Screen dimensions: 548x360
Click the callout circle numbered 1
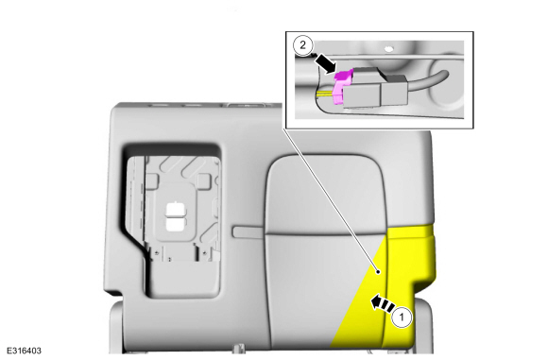(402, 317)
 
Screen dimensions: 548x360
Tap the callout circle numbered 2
(302, 45)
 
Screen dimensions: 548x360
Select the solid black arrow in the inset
(325, 64)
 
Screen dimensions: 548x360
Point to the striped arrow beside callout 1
(383, 302)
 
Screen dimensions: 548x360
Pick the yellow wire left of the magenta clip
(325, 94)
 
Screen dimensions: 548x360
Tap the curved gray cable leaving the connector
(428, 79)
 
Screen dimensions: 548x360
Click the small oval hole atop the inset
(388, 48)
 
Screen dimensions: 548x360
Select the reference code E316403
(25, 351)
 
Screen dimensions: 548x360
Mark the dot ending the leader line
(378, 271)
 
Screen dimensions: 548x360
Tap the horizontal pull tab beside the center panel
(248, 231)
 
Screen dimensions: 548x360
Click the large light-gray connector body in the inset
(362, 96)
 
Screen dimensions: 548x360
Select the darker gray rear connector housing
(395, 90)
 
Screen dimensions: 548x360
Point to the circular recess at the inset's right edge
(447, 83)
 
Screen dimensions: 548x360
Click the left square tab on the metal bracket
(152, 180)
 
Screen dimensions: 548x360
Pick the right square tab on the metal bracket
(204, 180)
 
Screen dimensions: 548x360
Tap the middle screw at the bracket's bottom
(170, 259)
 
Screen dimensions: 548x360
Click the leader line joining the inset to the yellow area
(331, 200)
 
